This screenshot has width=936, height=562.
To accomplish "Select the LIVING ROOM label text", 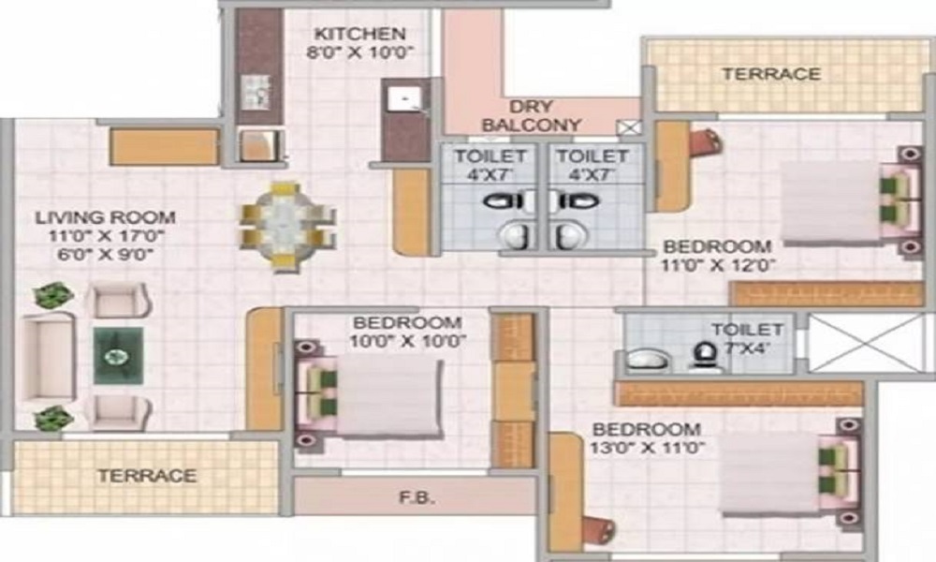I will point(106,218).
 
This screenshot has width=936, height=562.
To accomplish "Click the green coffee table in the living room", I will point(118,356).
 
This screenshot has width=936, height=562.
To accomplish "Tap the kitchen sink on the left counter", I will point(255,91).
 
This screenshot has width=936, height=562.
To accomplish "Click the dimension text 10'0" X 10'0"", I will point(409,339).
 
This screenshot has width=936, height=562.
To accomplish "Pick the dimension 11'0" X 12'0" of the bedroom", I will point(718,265).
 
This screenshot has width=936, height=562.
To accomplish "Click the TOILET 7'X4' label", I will point(746,338).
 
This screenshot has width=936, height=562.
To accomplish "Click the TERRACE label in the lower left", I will point(147,476).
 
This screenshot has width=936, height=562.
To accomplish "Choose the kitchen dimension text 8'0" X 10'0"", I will point(360,52).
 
